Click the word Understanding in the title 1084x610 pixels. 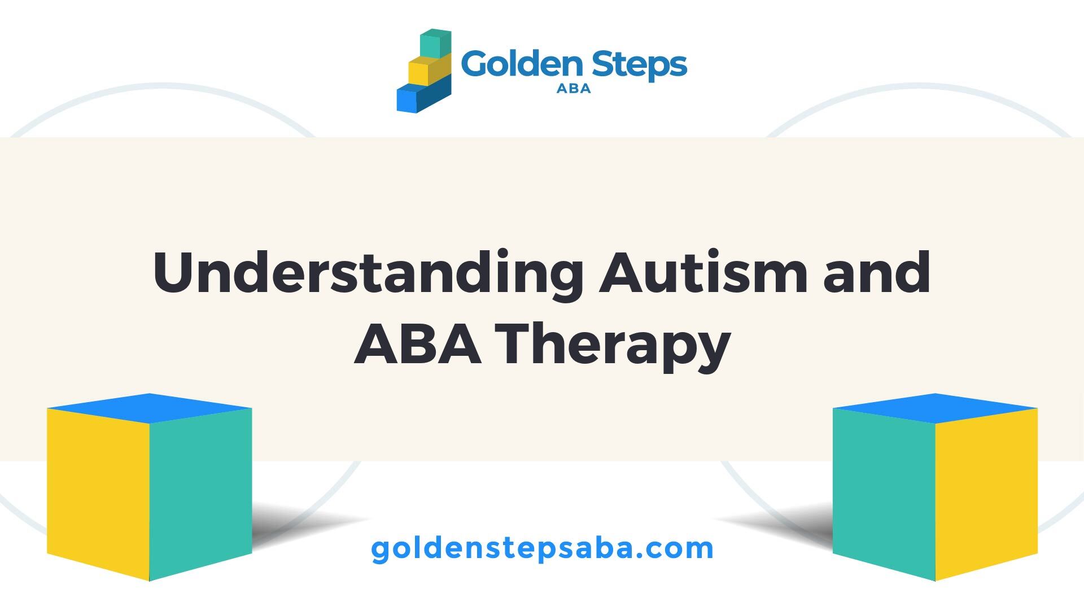[368, 273]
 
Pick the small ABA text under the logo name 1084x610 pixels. [574, 89]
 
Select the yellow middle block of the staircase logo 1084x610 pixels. [429, 70]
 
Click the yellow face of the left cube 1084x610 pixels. [98, 493]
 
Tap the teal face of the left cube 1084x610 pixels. [200, 493]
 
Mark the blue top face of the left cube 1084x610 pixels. [149, 408]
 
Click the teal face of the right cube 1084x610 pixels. [884, 493]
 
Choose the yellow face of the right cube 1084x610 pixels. [986, 493]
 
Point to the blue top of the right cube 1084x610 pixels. [935, 408]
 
